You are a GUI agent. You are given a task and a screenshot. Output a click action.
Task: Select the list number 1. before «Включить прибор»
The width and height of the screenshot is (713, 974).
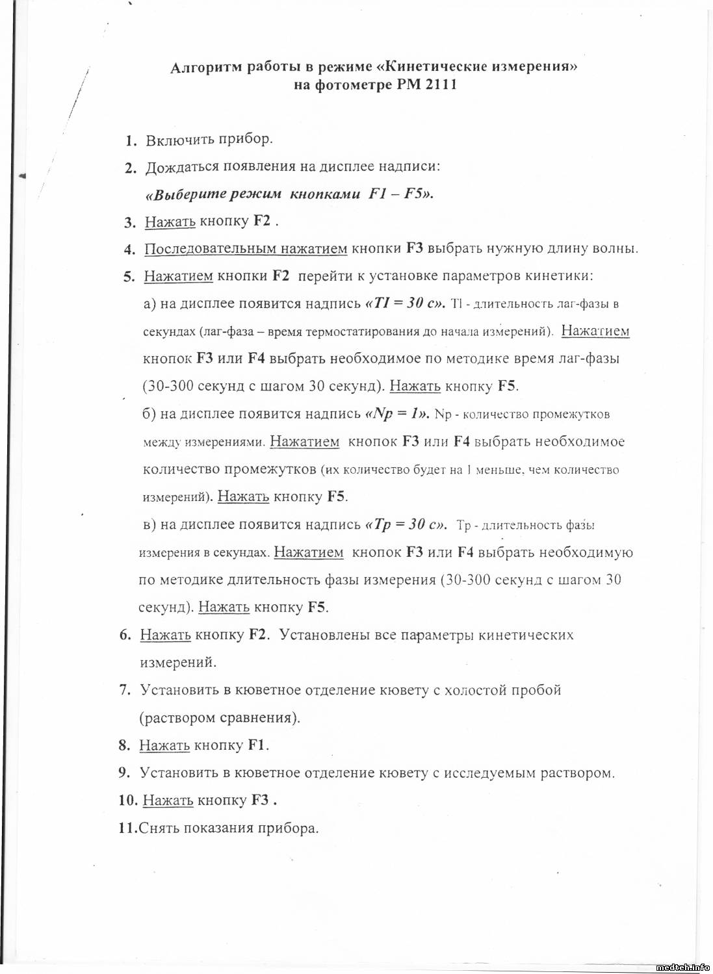[x=131, y=140]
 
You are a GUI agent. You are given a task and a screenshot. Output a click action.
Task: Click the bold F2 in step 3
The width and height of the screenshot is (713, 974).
[x=262, y=221]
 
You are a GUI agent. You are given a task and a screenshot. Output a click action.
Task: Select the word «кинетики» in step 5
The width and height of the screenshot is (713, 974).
[x=558, y=276]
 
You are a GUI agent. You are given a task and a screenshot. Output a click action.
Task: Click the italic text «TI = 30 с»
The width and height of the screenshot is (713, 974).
[x=406, y=303]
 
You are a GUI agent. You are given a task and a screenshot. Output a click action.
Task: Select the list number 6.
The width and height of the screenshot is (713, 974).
[x=125, y=635]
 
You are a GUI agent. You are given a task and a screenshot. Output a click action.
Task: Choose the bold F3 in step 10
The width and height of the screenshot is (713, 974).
[x=260, y=801]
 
